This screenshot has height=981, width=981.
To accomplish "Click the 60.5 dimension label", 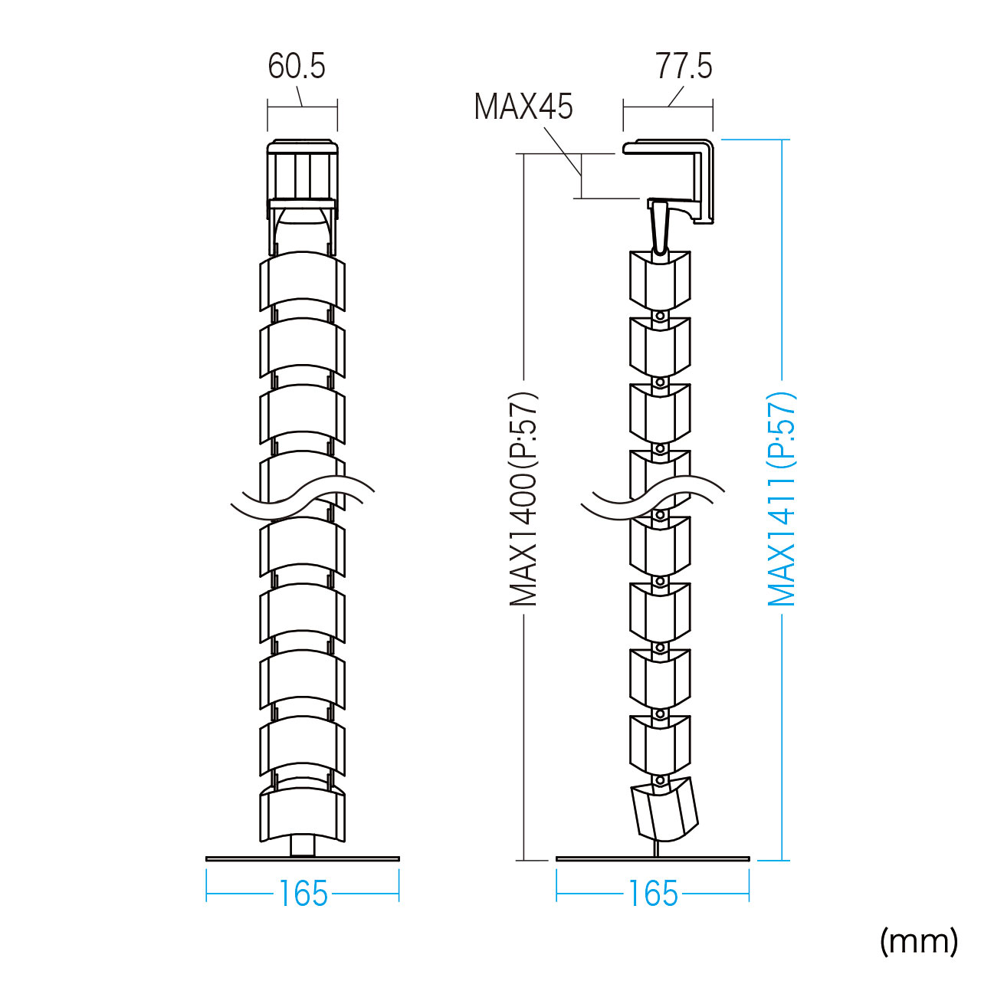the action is pos(297,66).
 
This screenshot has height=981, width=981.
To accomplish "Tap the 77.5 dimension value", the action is pos(683,66).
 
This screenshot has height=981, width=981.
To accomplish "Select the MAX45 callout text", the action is pos(523,107).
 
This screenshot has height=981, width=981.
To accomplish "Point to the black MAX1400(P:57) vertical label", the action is pos(523,499).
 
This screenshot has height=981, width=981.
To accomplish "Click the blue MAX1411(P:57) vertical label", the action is pos(781,499).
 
